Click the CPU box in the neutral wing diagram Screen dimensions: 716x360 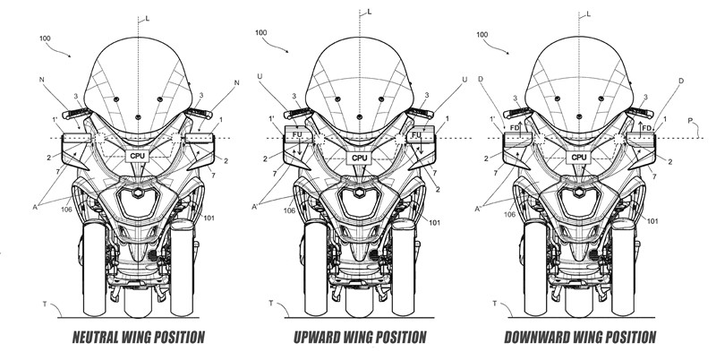pos(138,156)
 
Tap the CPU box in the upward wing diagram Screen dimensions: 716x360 pos(360,159)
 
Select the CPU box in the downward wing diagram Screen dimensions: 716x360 pos(579,157)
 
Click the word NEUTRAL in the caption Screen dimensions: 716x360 pos(96,338)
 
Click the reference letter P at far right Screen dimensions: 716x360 pos(690,121)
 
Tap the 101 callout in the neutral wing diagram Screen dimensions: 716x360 pos(209,218)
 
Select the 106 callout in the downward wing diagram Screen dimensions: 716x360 pos(509,214)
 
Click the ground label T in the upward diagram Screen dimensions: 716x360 pos(271,303)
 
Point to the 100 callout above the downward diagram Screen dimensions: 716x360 pos(482,35)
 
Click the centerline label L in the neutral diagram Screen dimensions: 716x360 pos(148,19)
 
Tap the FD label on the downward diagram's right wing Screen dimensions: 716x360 pos(646,128)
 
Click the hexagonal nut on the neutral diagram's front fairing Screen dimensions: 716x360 pos(136,193)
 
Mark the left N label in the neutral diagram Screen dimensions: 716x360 pos(42,80)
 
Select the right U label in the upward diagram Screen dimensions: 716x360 pos(465,80)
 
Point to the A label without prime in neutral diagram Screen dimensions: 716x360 pos(35,207)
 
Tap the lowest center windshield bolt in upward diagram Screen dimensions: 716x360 pos(360,116)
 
